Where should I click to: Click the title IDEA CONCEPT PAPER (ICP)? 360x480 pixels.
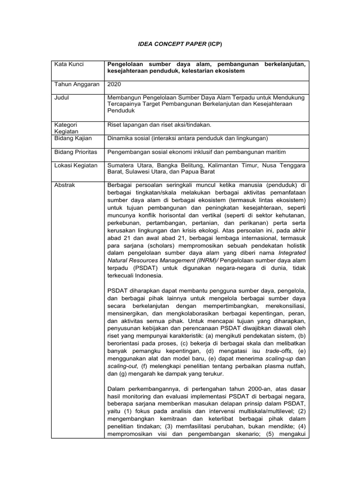[x=180, y=44]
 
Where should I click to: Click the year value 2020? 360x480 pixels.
[x=114, y=84]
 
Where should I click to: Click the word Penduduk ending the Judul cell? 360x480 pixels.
[x=121, y=111]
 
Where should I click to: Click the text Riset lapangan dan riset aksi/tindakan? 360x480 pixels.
[x=159, y=125]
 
